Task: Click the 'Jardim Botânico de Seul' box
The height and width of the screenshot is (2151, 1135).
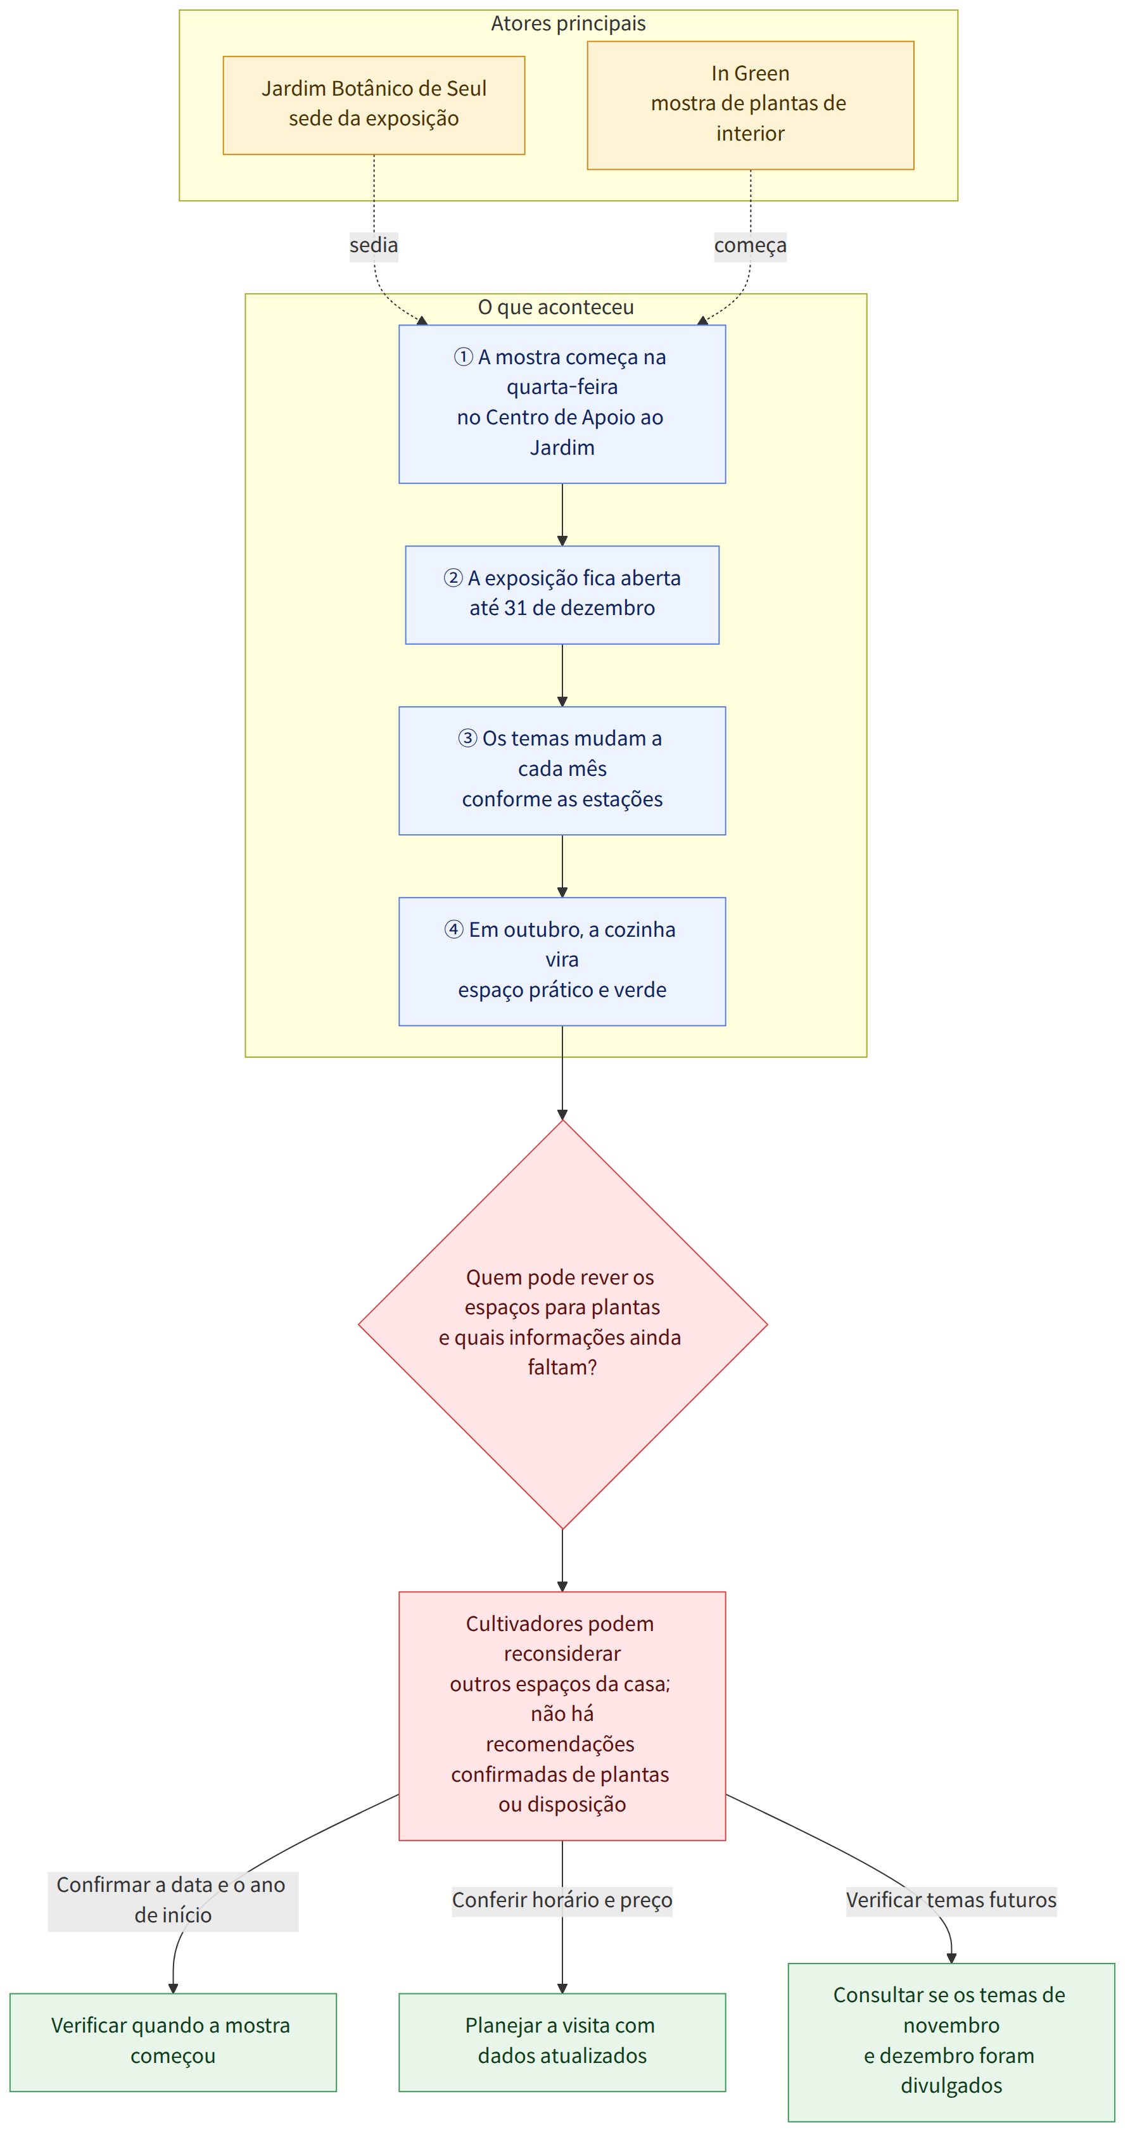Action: [x=373, y=105]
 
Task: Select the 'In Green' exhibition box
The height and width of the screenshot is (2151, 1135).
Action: [x=750, y=105]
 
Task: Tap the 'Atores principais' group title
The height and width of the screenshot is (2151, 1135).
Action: [x=568, y=23]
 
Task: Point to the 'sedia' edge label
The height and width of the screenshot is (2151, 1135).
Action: [x=373, y=246]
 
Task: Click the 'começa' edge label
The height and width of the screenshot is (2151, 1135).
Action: [x=750, y=246]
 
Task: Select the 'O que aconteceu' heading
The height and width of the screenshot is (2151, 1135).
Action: [x=555, y=307]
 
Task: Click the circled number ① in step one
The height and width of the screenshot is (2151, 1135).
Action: [x=464, y=357]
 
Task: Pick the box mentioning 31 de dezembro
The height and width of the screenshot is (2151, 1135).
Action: [x=562, y=595]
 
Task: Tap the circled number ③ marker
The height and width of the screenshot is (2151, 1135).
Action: [x=467, y=738]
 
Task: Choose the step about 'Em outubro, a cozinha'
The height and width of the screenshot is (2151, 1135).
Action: [x=562, y=961]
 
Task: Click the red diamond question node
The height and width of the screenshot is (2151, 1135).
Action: [x=562, y=1324]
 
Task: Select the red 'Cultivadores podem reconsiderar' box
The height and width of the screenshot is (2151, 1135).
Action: [x=562, y=1715]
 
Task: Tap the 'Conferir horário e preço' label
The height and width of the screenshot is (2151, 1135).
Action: [x=562, y=1900]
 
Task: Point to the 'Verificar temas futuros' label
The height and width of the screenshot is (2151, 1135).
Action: [x=951, y=1900]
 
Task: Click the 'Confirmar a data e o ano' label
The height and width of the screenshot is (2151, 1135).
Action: [x=171, y=1884]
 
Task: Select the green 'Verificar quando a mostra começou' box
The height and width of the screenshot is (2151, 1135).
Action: [x=173, y=2041]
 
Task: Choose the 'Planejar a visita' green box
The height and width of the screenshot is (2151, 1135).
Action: [x=562, y=2041]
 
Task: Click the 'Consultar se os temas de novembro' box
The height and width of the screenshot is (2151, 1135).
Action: [x=951, y=2041]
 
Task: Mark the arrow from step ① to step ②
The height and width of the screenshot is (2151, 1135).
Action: [x=562, y=514]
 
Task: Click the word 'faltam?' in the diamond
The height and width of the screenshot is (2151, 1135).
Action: [x=562, y=1367]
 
